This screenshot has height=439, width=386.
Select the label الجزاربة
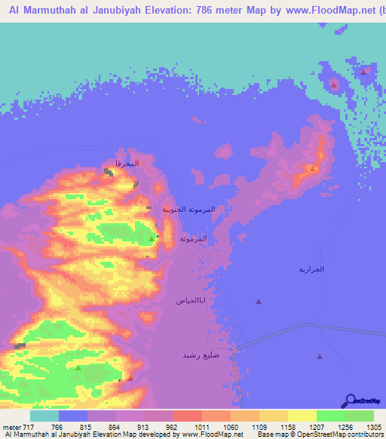click(x=311, y=269)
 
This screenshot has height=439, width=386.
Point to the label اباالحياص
click(x=191, y=300)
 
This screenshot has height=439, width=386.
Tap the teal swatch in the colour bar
click(x=44, y=416)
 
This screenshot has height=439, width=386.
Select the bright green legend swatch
click(x=331, y=416)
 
